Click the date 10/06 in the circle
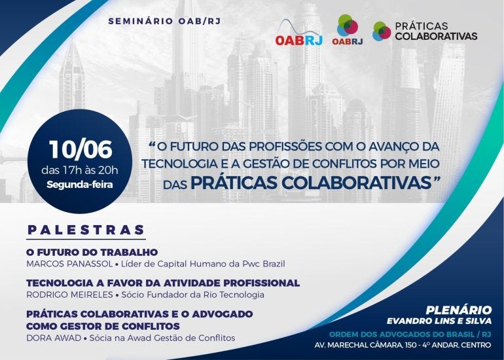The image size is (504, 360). click(x=81, y=149)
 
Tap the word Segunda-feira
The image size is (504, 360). click(x=80, y=185)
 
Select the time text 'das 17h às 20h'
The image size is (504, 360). click(x=80, y=170)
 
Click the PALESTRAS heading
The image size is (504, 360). click(x=86, y=230)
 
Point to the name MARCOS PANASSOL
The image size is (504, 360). click(x=69, y=264)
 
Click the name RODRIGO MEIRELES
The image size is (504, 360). click(x=69, y=295)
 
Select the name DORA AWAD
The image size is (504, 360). click(x=54, y=338)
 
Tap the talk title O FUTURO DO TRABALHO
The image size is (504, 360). click(x=92, y=252)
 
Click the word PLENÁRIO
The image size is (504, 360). click(x=459, y=310)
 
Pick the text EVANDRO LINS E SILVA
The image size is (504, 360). click(x=439, y=321)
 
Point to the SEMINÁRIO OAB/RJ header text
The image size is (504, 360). click(x=164, y=21)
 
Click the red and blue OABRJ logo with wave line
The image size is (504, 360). click(x=299, y=33)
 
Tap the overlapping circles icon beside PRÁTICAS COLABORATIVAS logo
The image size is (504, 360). click(x=382, y=31)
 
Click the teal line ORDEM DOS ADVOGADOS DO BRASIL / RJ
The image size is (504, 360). click(x=410, y=334)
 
